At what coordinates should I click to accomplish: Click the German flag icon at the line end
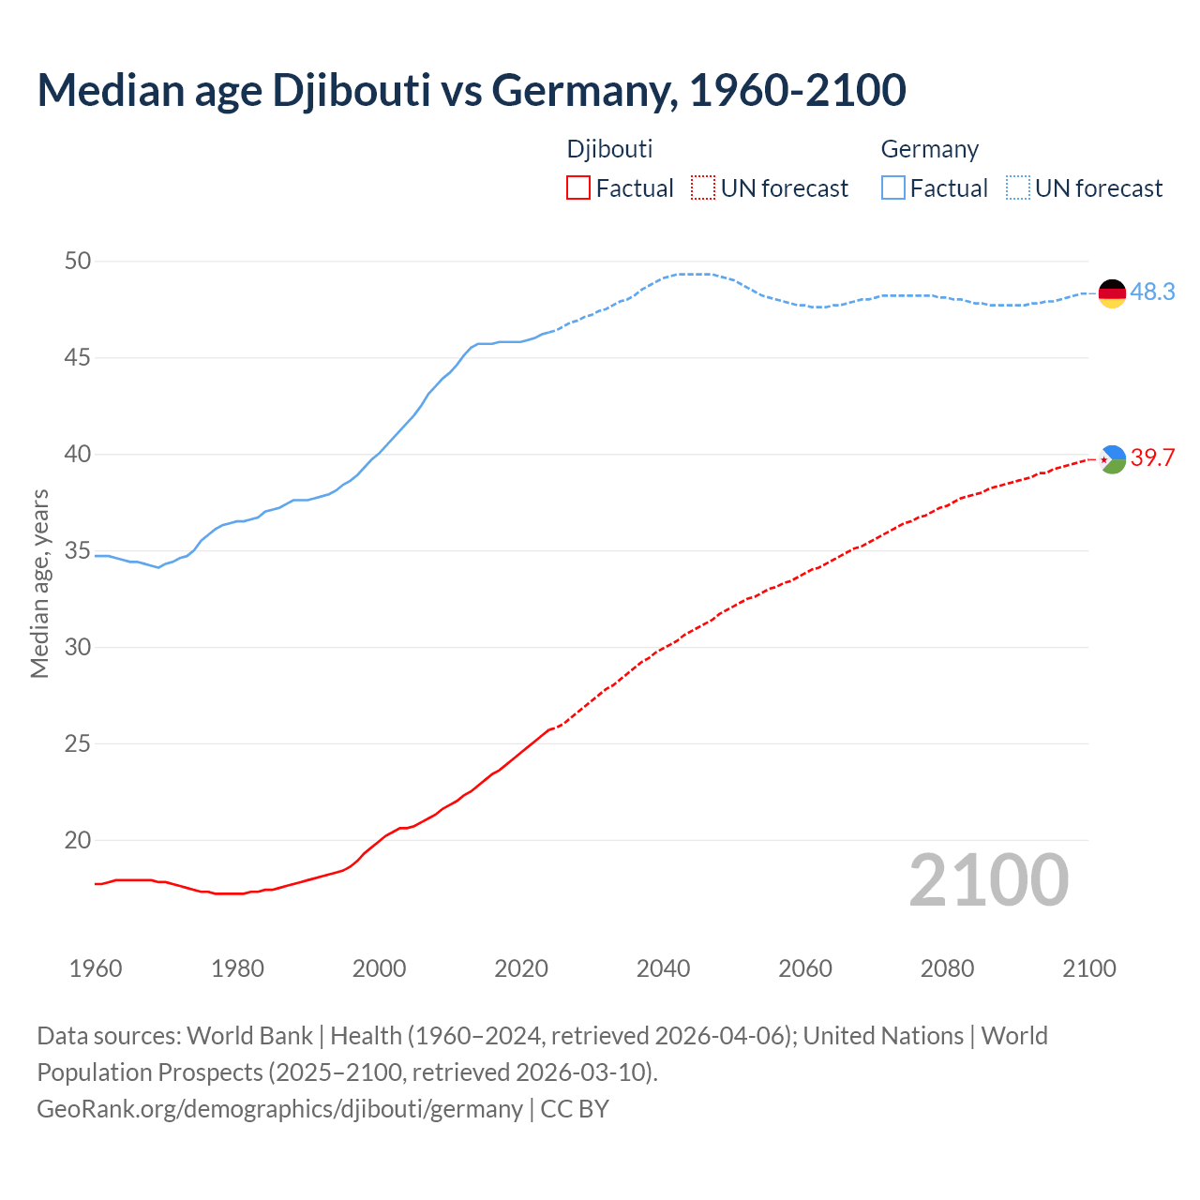point(1112,293)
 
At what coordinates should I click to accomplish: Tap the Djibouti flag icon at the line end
point(1112,459)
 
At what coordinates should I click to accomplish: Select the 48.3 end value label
point(1152,292)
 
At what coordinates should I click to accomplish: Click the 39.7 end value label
point(1152,458)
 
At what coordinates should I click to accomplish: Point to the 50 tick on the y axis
point(78,262)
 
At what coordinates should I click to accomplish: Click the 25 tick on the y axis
point(78,744)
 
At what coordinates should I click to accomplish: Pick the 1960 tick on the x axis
point(96,968)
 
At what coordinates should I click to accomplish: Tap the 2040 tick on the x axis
point(663,968)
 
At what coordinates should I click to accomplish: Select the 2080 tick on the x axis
point(947,968)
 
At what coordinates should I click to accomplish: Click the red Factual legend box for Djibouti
point(578,188)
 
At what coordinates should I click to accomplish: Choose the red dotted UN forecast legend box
point(703,188)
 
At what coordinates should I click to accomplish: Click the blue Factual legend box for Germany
point(893,188)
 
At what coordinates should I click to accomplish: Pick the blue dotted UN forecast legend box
point(1018,188)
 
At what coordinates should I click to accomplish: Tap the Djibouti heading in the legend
point(609,149)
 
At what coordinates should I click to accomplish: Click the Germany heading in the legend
point(929,149)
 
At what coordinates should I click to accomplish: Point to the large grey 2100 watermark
point(989,880)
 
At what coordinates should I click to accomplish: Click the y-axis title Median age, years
point(39,583)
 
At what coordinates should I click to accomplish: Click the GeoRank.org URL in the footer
point(279,1108)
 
